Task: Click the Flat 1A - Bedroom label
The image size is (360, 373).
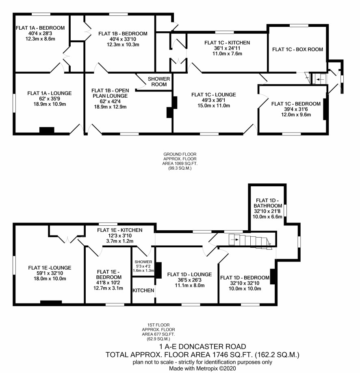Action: click(x=40, y=28)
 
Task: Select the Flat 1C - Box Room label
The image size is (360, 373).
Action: click(x=297, y=50)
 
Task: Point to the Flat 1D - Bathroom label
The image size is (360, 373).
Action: click(x=267, y=203)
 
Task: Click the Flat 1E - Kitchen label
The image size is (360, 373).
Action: click(x=119, y=230)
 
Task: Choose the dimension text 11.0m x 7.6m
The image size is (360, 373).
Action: click(x=227, y=53)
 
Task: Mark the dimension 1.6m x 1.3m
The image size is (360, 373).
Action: click(x=143, y=270)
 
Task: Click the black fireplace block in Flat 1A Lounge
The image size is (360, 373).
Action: click(x=47, y=130)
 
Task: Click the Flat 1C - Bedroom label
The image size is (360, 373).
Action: click(x=296, y=104)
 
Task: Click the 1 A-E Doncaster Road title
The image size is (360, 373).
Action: click(x=202, y=347)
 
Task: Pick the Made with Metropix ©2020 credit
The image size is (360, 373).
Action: click(x=202, y=368)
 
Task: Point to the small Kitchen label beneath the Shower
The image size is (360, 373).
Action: click(x=143, y=290)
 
